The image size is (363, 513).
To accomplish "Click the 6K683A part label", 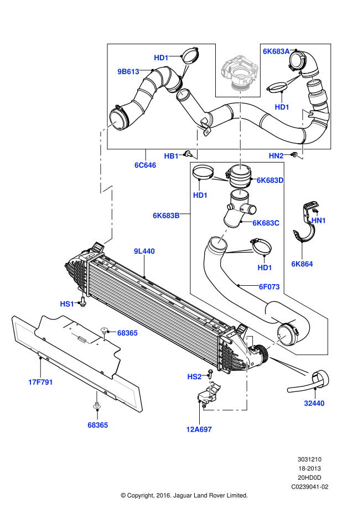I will (x=276, y=51).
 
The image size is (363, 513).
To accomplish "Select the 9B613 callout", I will (x=128, y=72).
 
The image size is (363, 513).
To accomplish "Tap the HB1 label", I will (x=172, y=156).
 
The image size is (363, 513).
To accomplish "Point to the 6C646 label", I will (x=146, y=165).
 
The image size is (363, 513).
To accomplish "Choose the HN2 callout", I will (x=276, y=156).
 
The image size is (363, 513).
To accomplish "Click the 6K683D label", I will (x=270, y=180).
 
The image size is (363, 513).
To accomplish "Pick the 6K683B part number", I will (x=166, y=216).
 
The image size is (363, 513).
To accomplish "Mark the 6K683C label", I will (x=266, y=223).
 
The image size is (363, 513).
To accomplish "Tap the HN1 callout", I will (x=319, y=221).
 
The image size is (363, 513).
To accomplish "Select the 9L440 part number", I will (x=144, y=251).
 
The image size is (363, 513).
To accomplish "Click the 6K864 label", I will (x=302, y=264).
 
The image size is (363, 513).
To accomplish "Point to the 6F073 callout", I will (x=269, y=287).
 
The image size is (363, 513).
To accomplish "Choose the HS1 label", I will (x=67, y=304).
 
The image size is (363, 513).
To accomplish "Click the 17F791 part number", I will (x=40, y=382).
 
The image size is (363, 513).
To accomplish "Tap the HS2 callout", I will (x=194, y=377).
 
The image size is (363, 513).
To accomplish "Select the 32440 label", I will (x=314, y=404).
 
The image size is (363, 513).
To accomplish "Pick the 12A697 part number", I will (x=199, y=430).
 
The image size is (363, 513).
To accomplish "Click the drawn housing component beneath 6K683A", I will (x=240, y=72).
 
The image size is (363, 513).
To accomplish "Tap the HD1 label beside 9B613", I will (x=161, y=58).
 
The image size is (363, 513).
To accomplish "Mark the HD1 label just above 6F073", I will (x=265, y=268).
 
